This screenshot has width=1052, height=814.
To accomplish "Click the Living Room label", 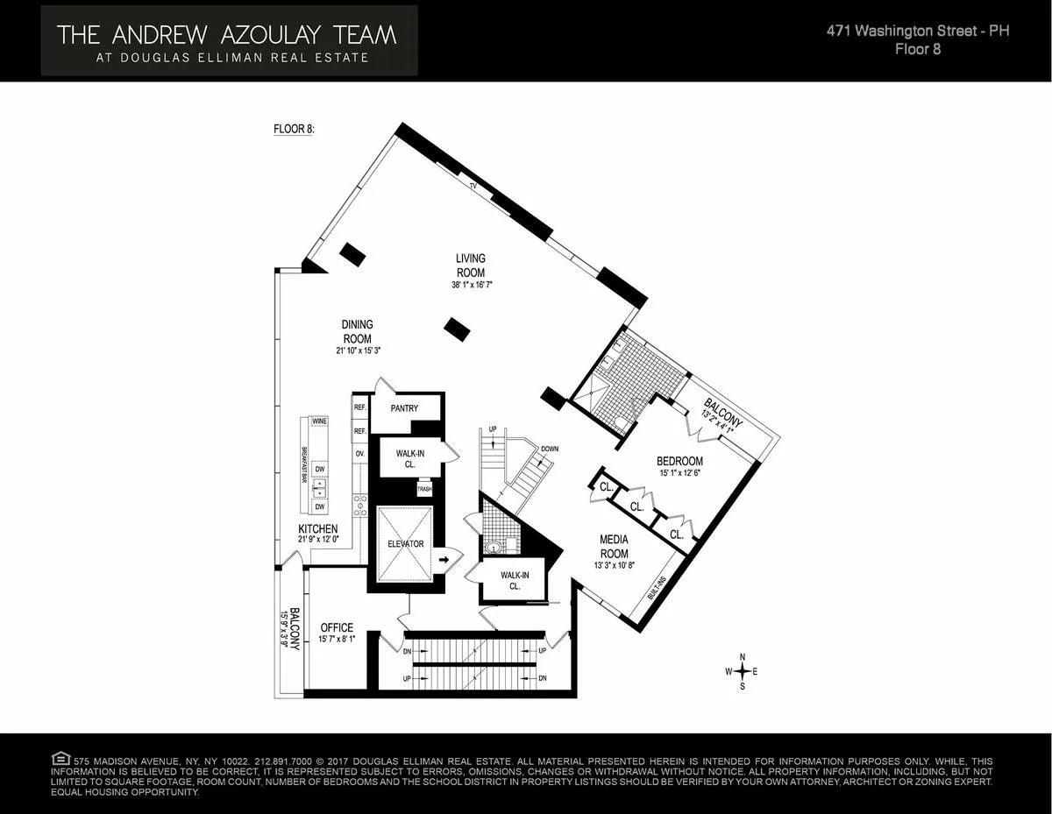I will tap(470, 265).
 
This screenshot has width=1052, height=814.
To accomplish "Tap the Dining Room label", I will tap(357, 331).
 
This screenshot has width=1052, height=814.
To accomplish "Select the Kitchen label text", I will tap(317, 529).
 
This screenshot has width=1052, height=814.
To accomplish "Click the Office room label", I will tap(337, 627).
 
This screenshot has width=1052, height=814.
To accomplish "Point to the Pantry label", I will tap(404, 408).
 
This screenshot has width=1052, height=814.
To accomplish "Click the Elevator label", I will tap(405, 544).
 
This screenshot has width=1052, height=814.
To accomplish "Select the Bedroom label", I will tap(679, 461).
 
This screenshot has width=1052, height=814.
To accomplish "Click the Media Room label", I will tap(614, 547).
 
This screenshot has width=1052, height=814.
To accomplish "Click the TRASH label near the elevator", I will tap(424, 490).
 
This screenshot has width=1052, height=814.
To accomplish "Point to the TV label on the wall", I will tap(473, 186).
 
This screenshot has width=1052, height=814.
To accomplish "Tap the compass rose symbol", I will tap(743, 671).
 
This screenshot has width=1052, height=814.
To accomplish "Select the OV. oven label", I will tap(359, 454).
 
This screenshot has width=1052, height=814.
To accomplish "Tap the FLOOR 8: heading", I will tap(294, 129).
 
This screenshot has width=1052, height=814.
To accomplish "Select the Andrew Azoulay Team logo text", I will tap(226, 35).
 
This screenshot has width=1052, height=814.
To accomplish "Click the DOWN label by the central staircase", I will tap(551, 449).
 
